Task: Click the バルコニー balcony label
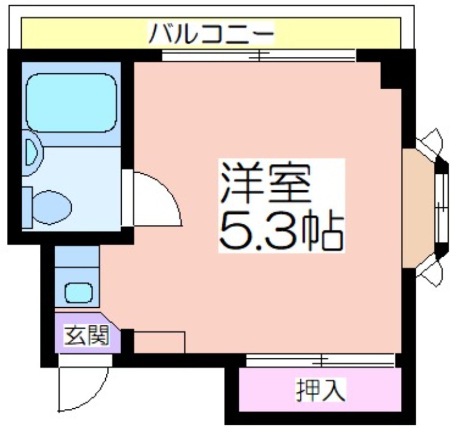coord(211,34)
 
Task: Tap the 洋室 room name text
coord(265,183)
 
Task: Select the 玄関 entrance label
coord(86,336)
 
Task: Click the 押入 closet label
coord(321,390)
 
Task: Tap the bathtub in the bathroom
coord(72,103)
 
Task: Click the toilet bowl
coord(52,207)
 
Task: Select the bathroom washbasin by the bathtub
coord(32,153)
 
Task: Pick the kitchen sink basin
coord(78,293)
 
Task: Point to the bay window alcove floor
coord(419,208)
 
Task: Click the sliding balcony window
coord(259,55)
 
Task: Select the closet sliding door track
coord(320,361)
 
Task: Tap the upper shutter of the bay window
coord(429,143)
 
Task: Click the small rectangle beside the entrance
coord(159,342)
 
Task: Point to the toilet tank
coord(27,208)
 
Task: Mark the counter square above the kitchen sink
coord(77,257)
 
